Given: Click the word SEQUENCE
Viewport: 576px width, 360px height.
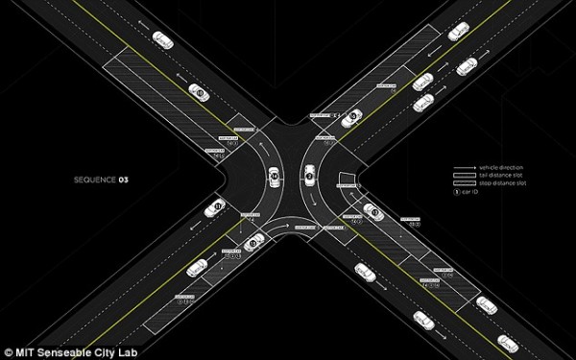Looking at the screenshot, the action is [x=93, y=180].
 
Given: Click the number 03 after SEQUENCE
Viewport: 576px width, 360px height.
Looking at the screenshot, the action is [x=123, y=180].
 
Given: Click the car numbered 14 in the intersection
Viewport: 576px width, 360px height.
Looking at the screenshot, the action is [x=275, y=178].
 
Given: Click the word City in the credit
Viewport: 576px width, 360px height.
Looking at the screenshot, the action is [x=105, y=350].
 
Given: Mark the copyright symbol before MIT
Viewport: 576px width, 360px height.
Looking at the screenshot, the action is [x=8, y=350].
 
